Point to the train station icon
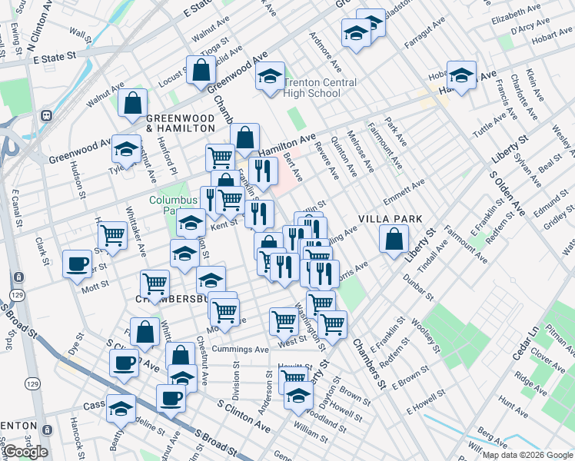[x=46, y=116]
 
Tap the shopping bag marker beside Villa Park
[x=394, y=240]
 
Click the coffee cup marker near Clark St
[x=76, y=264]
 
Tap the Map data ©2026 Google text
[x=527, y=455]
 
